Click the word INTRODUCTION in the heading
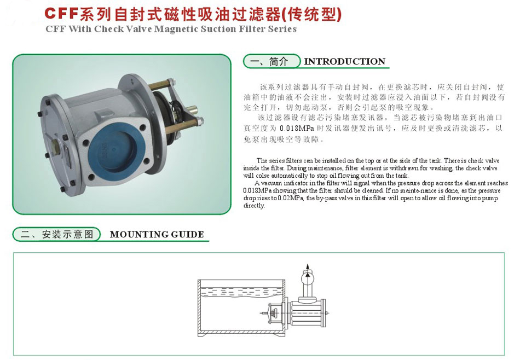(345, 61)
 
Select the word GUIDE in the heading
(189, 234)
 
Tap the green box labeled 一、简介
(272, 61)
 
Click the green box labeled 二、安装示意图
(57, 234)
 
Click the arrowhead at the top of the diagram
(308, 266)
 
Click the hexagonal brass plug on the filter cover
(57, 147)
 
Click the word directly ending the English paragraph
(254, 206)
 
